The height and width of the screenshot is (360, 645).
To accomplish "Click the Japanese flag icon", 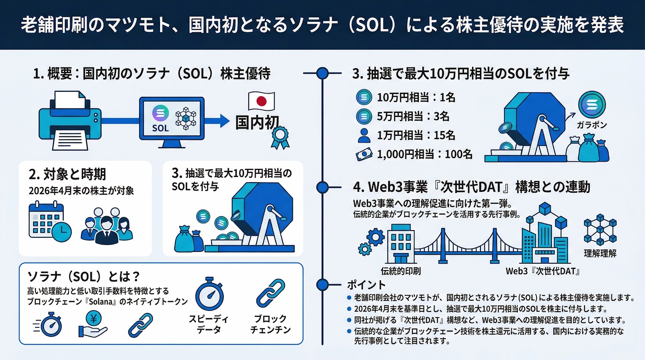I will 261,101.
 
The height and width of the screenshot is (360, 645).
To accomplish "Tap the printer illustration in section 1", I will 70,121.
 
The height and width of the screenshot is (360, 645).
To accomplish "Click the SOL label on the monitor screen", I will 160,128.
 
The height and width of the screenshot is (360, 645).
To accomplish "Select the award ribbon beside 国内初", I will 280,137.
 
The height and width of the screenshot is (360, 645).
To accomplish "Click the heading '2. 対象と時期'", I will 67,174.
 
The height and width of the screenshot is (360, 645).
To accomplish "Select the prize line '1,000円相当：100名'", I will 424,154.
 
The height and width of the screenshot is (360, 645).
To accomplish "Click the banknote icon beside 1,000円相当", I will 364,154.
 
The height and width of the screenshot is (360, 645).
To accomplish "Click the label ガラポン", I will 591,125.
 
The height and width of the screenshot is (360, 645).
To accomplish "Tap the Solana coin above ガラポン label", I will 592,104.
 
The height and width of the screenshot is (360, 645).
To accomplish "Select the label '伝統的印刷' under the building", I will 400,271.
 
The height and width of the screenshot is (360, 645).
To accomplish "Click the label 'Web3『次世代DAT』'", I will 543,271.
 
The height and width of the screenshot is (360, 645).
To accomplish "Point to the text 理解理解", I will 600,253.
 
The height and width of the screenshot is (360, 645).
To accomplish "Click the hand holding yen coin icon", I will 93,325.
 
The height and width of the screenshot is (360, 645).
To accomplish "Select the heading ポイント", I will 366,285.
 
